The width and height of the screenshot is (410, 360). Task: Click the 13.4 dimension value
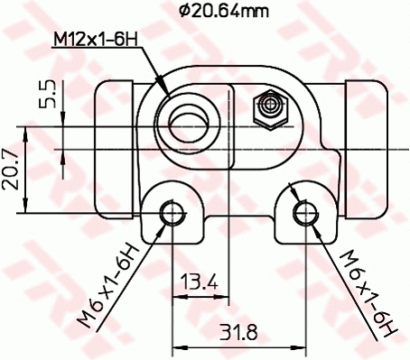pyautogui.click(x=200, y=282)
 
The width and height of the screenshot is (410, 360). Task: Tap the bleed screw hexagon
pyautogui.click(x=268, y=109)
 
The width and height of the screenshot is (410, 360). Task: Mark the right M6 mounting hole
pyautogui.click(x=305, y=213)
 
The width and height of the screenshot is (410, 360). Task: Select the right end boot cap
pyautogui.click(x=365, y=131)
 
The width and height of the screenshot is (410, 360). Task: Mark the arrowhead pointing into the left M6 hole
pyautogui.click(x=164, y=222)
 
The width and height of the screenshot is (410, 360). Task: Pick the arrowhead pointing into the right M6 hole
pyautogui.click(x=311, y=222)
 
